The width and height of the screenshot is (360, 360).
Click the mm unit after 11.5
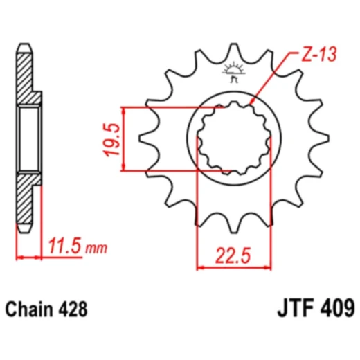click(98, 248)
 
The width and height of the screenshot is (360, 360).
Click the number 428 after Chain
click(73, 309)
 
